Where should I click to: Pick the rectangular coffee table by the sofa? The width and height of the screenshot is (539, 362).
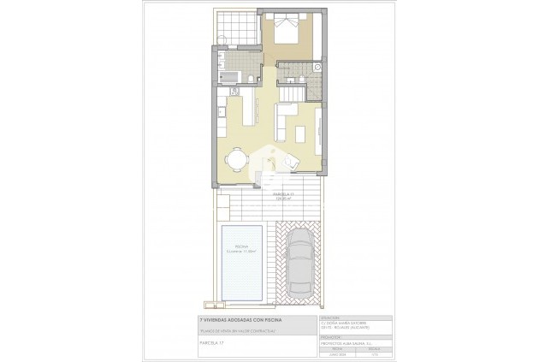(x=299, y=134)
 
